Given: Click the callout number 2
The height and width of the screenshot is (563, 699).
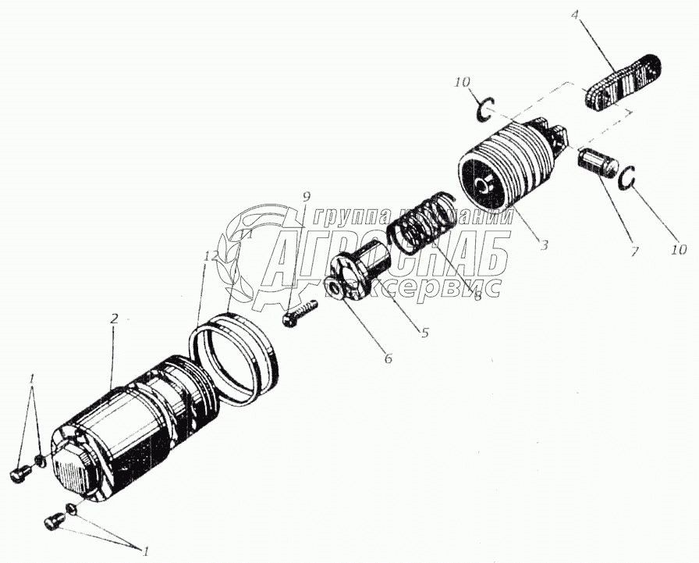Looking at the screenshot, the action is coord(114,319).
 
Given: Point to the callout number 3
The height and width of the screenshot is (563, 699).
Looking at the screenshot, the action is coord(544,245).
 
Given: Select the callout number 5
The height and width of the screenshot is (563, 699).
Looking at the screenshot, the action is coord(424,332).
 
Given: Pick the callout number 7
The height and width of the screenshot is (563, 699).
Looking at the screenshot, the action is coord(633,251).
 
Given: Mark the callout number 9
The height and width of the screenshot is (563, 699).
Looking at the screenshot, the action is coord(307,194).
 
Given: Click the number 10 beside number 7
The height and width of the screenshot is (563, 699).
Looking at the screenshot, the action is coord(679,250).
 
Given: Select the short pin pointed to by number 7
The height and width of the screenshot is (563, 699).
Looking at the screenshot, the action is coord(598,166).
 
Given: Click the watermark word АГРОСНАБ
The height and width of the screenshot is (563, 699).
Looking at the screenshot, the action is coord(386,258).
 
